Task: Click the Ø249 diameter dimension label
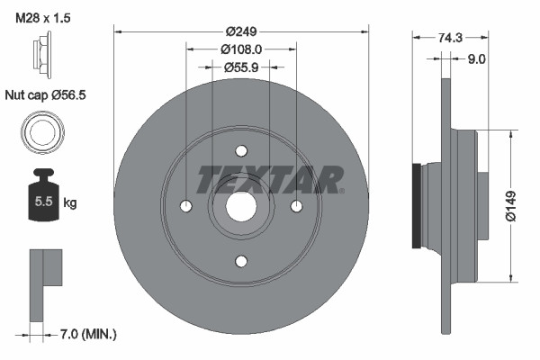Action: click(242, 31)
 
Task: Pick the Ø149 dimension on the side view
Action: click(509, 205)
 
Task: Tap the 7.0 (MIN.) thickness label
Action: click(86, 335)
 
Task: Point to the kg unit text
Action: click(70, 203)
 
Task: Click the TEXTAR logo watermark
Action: click(270, 178)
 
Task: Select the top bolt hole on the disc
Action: click(241, 151)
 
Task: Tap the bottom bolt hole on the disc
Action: click(241, 262)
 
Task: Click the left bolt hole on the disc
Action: click(186, 206)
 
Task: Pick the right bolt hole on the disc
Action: click(297, 206)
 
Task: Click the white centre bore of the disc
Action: click(241, 206)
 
